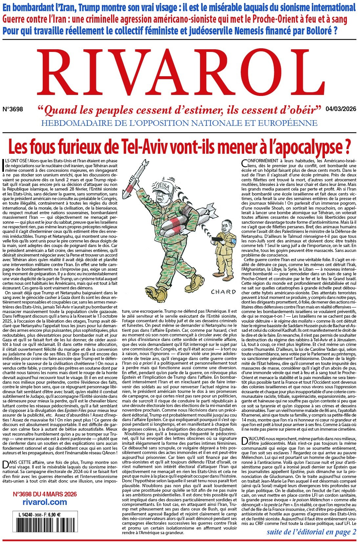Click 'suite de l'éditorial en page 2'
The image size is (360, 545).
click(x=311, y=532)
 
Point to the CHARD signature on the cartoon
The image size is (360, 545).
click(x=223, y=292)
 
